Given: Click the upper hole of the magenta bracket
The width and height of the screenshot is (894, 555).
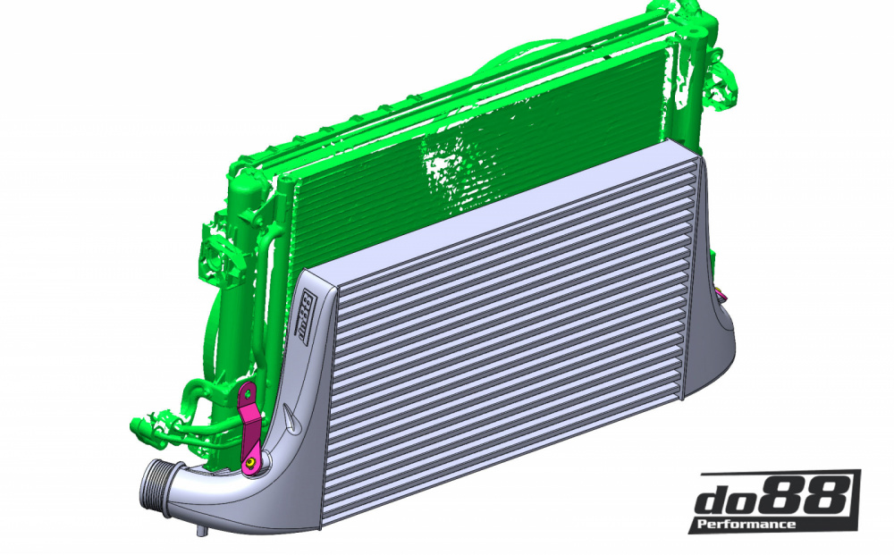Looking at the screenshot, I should click(247, 392).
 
